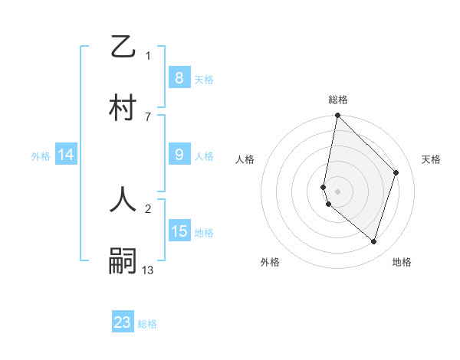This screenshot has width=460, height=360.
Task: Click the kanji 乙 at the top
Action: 123,47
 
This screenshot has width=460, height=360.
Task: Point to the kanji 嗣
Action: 123,260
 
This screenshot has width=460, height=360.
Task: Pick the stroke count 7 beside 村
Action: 148,116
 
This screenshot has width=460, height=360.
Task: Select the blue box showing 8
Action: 179,78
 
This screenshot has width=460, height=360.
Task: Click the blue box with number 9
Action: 179,155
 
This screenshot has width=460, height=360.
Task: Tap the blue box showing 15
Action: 179,231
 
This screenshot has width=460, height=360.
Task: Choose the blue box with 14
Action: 65,155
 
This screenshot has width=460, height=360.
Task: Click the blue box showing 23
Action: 123,322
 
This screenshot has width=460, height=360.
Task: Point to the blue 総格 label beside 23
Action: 148,324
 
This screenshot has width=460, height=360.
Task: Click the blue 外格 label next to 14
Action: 41,155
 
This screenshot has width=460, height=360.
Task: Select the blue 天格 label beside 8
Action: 204,79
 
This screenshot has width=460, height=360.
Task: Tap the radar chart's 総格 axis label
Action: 338,100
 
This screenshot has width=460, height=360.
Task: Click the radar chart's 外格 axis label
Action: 270,262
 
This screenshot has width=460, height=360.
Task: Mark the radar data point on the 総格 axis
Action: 338,116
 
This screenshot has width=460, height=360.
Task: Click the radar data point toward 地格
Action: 373,241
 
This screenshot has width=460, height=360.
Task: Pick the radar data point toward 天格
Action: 396,172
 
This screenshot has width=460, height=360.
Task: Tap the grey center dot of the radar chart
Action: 338,191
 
